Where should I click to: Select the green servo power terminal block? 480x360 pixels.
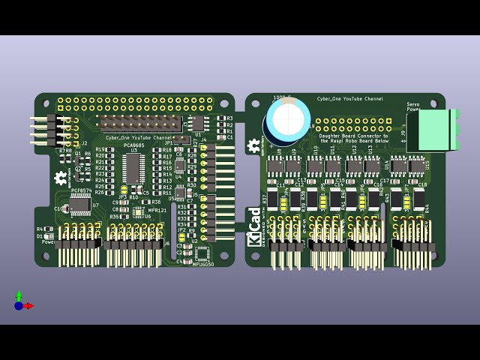click(x=437, y=129)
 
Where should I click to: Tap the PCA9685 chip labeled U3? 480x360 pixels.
click(x=133, y=167)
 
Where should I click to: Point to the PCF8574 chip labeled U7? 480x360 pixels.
click(x=80, y=205)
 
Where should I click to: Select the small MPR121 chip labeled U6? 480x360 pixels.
click(x=138, y=212)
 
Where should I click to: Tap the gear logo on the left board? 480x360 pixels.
click(x=61, y=178)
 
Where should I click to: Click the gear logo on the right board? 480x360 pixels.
click(x=254, y=145)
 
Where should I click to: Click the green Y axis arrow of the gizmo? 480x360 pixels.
click(x=19, y=295)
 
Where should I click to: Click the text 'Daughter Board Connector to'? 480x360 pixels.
click(x=353, y=135)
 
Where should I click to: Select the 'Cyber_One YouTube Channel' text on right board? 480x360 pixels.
click(x=349, y=99)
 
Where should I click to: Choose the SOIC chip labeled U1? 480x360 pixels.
click(x=198, y=123)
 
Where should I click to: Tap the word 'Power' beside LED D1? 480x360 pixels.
click(x=49, y=242)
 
